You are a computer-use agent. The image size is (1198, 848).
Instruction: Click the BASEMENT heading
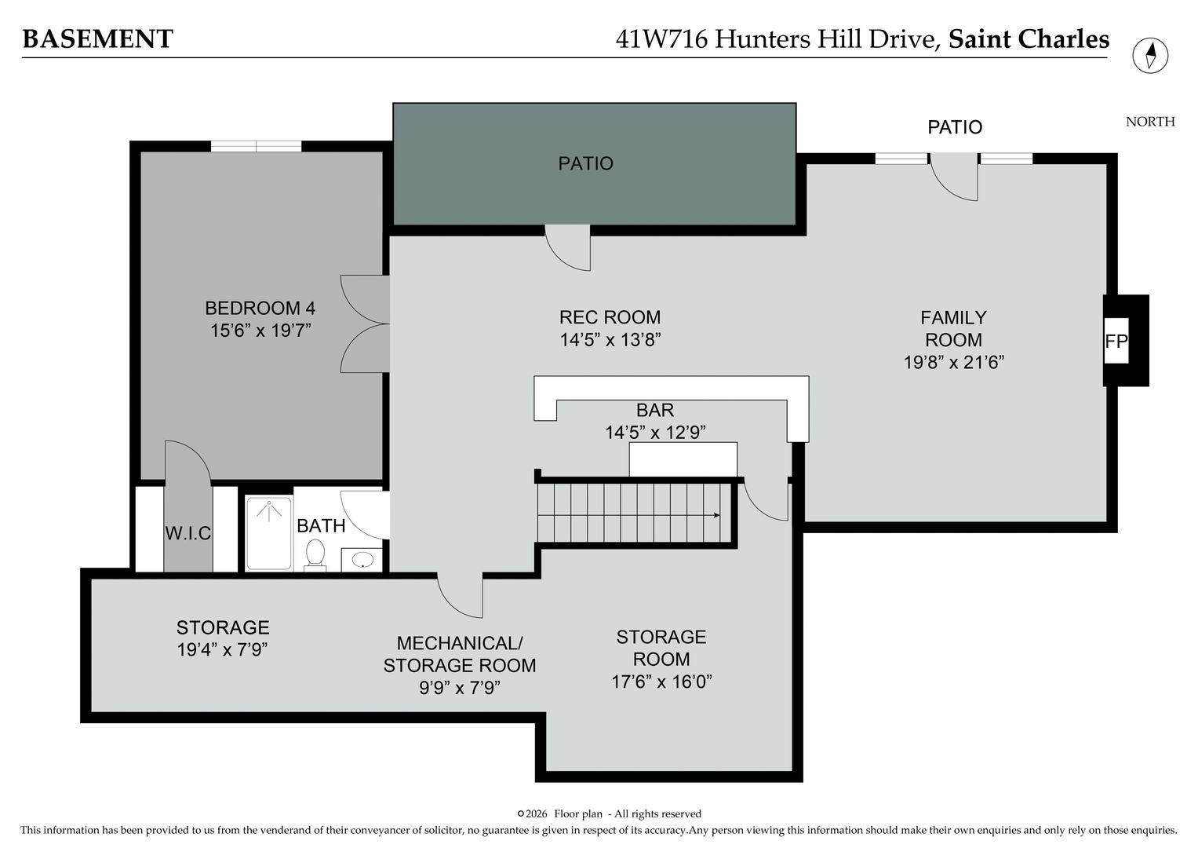click(97, 39)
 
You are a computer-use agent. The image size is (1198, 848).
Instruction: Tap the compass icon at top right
click(1150, 56)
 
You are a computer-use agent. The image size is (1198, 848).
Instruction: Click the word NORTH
click(1150, 122)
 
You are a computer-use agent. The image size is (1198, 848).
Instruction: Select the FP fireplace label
click(1116, 342)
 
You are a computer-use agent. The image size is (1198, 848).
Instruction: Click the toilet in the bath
click(315, 553)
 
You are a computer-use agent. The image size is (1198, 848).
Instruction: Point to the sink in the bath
click(362, 560)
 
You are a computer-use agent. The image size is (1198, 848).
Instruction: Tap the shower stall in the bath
click(269, 533)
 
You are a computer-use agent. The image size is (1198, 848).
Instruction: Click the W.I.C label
click(188, 533)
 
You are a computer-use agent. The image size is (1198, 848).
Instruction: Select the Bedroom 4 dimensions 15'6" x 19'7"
click(260, 331)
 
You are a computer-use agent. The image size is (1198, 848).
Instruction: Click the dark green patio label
click(585, 163)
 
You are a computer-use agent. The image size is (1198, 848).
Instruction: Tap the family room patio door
click(954, 177)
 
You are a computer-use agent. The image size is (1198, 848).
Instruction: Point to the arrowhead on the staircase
click(717, 515)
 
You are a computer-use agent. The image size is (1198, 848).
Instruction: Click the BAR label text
click(655, 410)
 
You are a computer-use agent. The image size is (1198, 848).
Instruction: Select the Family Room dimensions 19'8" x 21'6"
click(954, 363)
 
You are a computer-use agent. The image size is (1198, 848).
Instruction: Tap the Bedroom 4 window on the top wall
click(256, 146)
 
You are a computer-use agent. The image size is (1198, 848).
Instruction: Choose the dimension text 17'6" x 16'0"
click(661, 682)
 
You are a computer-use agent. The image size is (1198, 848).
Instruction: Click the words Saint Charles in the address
click(1029, 39)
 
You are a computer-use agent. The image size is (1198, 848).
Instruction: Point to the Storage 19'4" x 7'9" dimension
click(223, 650)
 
